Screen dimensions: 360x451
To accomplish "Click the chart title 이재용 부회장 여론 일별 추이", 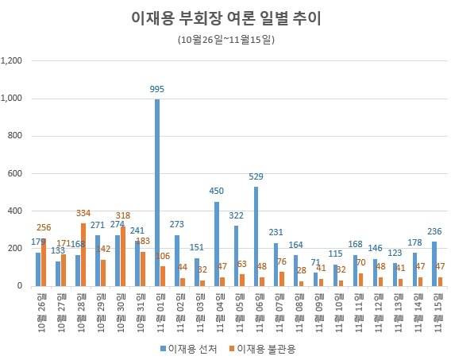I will pos(225,18).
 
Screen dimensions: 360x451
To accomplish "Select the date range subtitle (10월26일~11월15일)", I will pos(225,38).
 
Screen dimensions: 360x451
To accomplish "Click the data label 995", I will pos(157,90).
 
